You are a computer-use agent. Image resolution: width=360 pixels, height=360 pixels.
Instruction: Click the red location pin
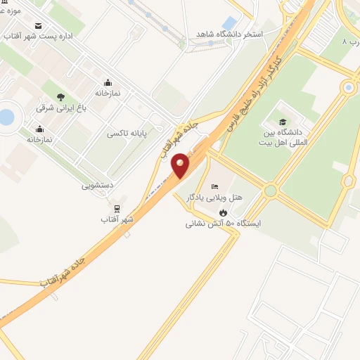(x=180, y=166)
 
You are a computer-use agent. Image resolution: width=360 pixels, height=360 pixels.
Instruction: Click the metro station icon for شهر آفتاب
(x=117, y=209)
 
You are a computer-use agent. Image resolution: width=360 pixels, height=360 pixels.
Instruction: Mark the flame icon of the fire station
(x=223, y=212)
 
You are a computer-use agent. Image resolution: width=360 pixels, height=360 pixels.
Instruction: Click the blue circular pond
(x=5, y=117)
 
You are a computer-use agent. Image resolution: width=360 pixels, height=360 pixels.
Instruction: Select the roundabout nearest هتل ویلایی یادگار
(x=270, y=190)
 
